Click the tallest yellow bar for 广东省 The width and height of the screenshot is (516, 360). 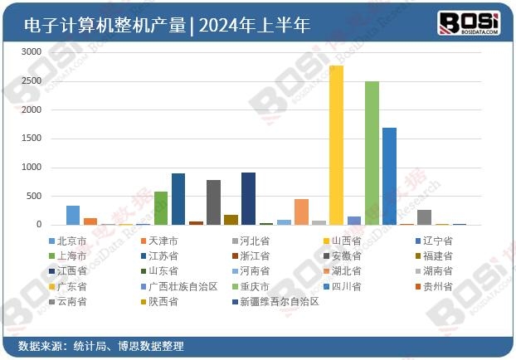click(336, 145)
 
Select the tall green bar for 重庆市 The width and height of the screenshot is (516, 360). click(372, 153)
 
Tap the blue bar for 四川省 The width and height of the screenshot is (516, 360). click(389, 177)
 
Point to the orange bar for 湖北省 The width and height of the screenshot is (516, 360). click(301, 212)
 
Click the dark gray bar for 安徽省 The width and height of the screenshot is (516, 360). click(213, 202)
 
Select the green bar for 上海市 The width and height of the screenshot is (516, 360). click(161, 208)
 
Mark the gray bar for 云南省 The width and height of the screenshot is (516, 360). click(424, 217)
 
